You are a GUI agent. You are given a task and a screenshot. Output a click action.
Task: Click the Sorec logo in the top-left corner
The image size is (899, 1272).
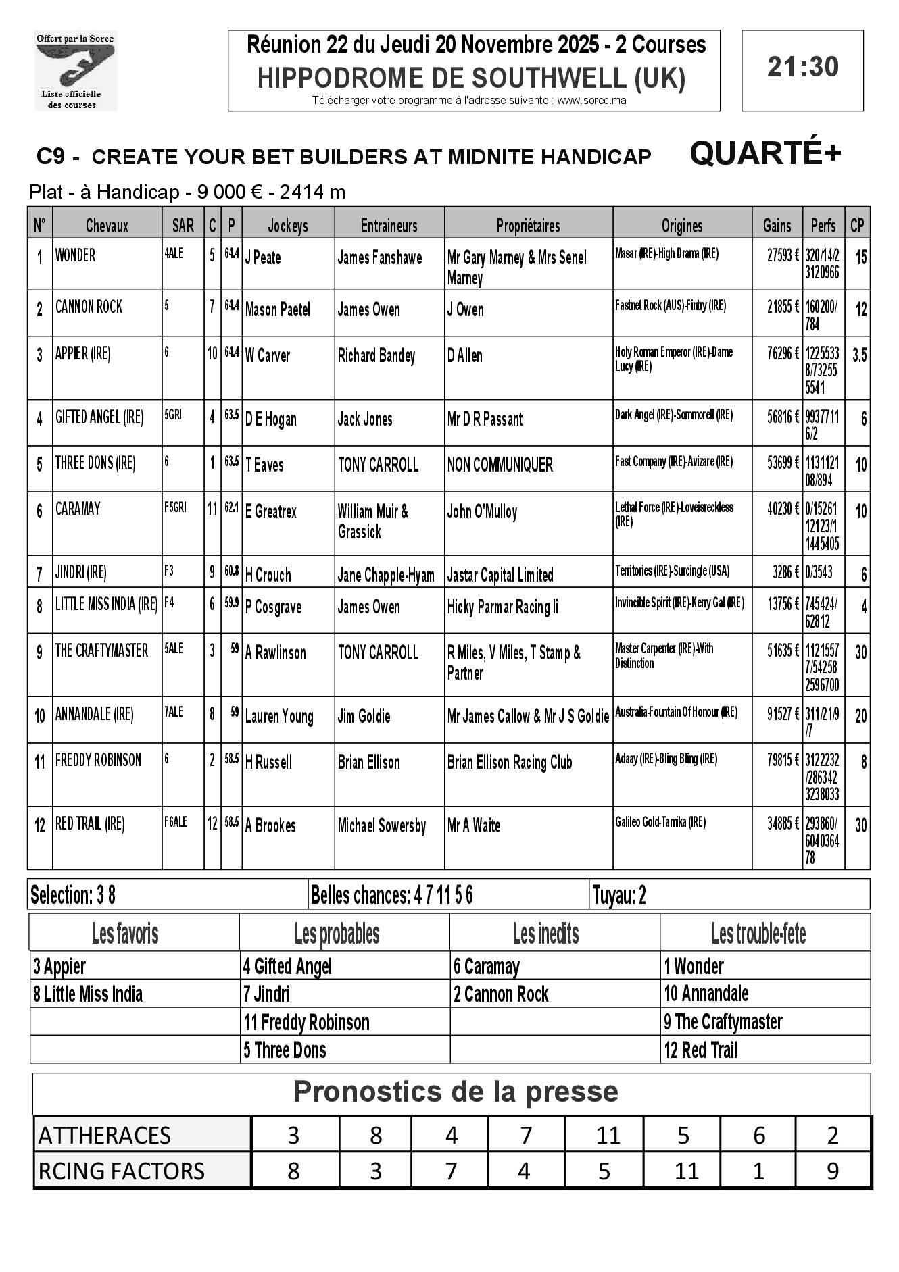click(76, 71)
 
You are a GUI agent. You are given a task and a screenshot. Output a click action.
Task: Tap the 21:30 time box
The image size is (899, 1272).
click(802, 68)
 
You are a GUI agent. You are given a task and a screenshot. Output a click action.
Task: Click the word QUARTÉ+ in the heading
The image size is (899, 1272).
click(765, 154)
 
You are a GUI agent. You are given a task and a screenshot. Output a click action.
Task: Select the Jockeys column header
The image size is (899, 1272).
click(288, 226)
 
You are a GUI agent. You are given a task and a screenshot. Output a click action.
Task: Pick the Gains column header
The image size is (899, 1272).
click(777, 226)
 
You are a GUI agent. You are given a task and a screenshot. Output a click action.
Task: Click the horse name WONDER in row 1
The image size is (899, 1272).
click(75, 255)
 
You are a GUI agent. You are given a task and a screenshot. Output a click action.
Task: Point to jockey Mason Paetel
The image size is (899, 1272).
click(277, 310)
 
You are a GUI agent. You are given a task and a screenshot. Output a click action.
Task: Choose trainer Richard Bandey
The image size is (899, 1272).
click(376, 356)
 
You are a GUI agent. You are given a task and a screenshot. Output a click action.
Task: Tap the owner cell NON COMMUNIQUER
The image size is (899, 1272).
click(500, 465)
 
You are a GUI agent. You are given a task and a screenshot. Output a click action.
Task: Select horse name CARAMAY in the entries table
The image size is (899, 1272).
click(78, 509)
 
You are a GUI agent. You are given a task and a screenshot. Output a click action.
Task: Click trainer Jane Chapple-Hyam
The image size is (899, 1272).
click(386, 576)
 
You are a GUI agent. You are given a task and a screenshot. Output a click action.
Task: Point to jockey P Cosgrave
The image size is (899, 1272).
click(276, 607)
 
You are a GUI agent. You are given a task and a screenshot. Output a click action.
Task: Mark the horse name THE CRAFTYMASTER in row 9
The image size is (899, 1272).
click(101, 651)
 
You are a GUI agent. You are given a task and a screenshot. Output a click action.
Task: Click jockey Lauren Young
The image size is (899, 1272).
click(279, 717)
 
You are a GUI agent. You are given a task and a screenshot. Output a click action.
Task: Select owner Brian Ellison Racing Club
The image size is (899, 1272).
click(510, 763)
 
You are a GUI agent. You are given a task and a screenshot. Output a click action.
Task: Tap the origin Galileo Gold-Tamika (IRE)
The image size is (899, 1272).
click(660, 822)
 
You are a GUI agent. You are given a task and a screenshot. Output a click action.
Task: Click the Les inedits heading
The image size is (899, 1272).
click(545, 934)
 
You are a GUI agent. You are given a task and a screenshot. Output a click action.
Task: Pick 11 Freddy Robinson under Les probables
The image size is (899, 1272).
click(306, 1023)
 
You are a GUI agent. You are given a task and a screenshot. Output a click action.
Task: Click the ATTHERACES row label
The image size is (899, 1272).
click(105, 1136)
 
